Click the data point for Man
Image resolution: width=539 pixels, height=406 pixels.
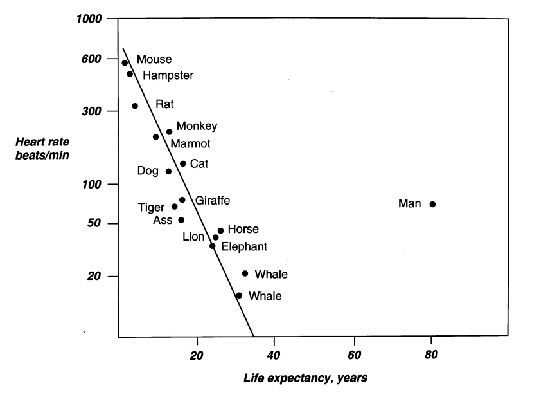click(x=432, y=204)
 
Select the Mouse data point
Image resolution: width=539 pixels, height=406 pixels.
click(x=125, y=62)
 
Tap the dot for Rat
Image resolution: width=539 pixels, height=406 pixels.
click(x=135, y=106)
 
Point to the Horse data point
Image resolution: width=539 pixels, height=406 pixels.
click(x=220, y=230)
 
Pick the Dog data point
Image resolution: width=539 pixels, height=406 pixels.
click(x=168, y=171)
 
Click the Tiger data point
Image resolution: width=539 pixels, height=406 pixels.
click(x=174, y=207)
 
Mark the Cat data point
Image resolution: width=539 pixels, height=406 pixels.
click(x=182, y=163)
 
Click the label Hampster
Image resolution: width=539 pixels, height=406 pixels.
click(x=168, y=75)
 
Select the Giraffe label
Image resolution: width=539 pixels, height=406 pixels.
click(x=213, y=200)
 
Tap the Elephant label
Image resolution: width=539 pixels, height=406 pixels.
click(x=244, y=246)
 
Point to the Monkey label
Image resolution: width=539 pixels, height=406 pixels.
click(x=197, y=126)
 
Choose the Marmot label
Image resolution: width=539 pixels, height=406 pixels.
click(x=190, y=143)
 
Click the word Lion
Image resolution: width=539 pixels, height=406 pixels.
click(x=193, y=237)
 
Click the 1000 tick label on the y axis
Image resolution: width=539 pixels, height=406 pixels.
click(x=89, y=19)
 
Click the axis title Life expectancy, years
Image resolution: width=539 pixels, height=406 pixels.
click(x=306, y=378)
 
